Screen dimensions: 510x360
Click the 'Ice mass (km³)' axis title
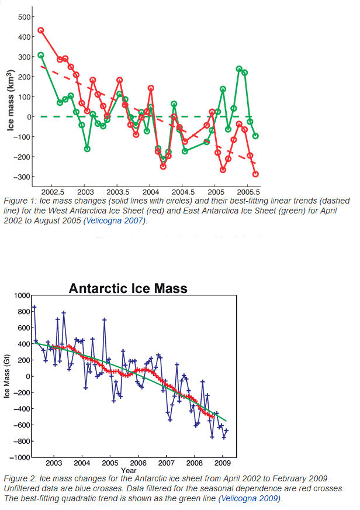click(10, 98)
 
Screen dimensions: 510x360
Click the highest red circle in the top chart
click(41, 30)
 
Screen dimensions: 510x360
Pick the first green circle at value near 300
click(41, 55)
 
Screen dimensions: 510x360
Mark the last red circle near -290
click(255, 174)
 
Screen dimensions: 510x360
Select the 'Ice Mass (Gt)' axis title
click(7, 377)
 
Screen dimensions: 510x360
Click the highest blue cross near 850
click(34, 308)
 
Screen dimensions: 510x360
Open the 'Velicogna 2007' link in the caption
click(172, 221)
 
